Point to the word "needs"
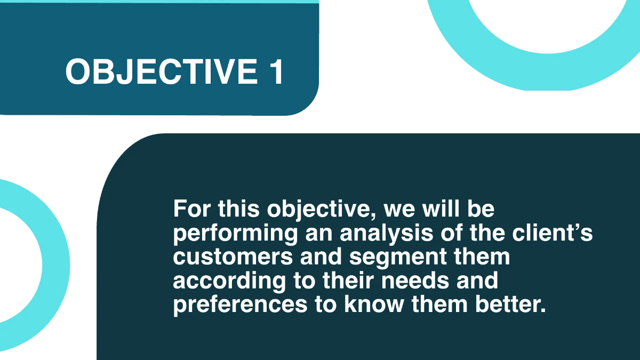(x=417, y=281)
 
